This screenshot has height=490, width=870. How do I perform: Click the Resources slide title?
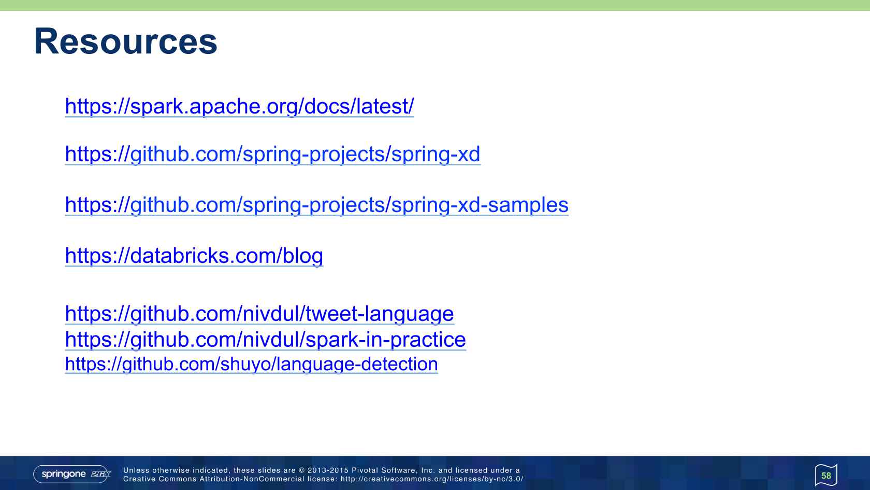point(125,41)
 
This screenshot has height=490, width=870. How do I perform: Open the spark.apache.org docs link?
point(239,106)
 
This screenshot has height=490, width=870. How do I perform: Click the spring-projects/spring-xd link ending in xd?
point(272,154)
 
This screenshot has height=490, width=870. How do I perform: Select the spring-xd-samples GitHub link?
point(316,205)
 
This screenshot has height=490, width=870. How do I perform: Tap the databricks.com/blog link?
point(194,256)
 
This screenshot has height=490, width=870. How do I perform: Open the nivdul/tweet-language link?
point(259,314)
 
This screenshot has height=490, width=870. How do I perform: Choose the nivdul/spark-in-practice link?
point(265,340)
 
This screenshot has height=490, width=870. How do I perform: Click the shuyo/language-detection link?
point(251,364)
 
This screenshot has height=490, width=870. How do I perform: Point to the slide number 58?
point(826,476)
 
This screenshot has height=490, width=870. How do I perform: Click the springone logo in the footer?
point(72,474)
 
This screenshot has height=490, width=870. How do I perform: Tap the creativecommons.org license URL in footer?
point(432,479)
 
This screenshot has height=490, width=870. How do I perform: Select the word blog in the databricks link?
point(303,256)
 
